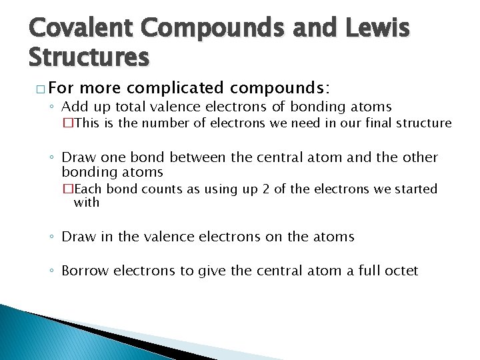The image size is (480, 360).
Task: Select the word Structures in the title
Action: point(89,57)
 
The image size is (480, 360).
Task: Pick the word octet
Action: point(400,271)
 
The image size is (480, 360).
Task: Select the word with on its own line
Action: point(86,202)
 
